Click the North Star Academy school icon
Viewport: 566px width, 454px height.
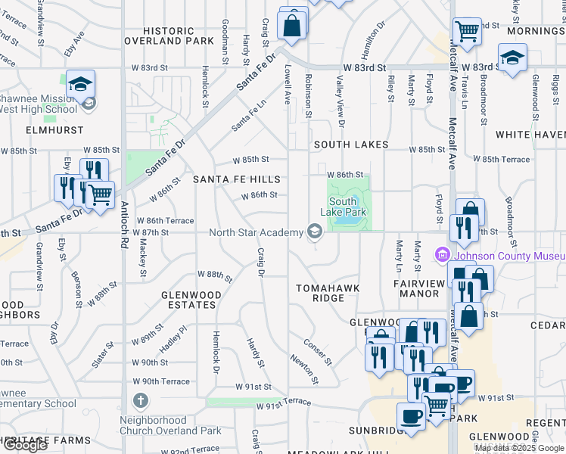313,232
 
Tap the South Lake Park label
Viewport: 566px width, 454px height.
347,207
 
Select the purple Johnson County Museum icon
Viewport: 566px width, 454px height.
442,255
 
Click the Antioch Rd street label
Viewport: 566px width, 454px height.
123,249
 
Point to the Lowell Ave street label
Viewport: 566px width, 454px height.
288,83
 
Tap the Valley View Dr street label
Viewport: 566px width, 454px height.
341,107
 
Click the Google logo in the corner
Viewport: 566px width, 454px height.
25,445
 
